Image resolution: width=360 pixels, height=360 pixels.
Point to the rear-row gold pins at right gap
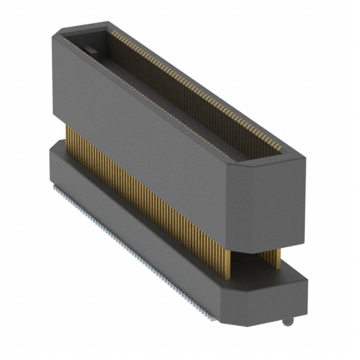pyautogui.click(x=275, y=256)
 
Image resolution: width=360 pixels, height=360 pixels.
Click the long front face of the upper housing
pyautogui.click(x=141, y=141)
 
